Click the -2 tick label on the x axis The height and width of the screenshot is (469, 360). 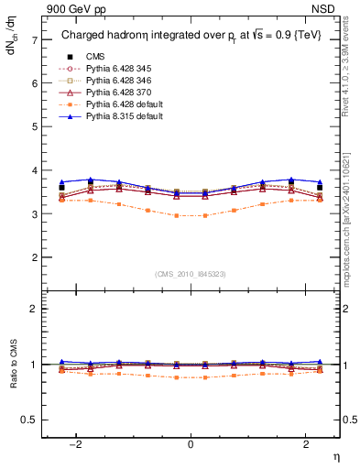pyautogui.click(x=80, y=444)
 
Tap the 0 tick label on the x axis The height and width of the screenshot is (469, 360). pyautogui.click(x=191, y=444)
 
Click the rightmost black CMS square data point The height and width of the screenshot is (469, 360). pyautogui.click(x=319, y=187)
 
